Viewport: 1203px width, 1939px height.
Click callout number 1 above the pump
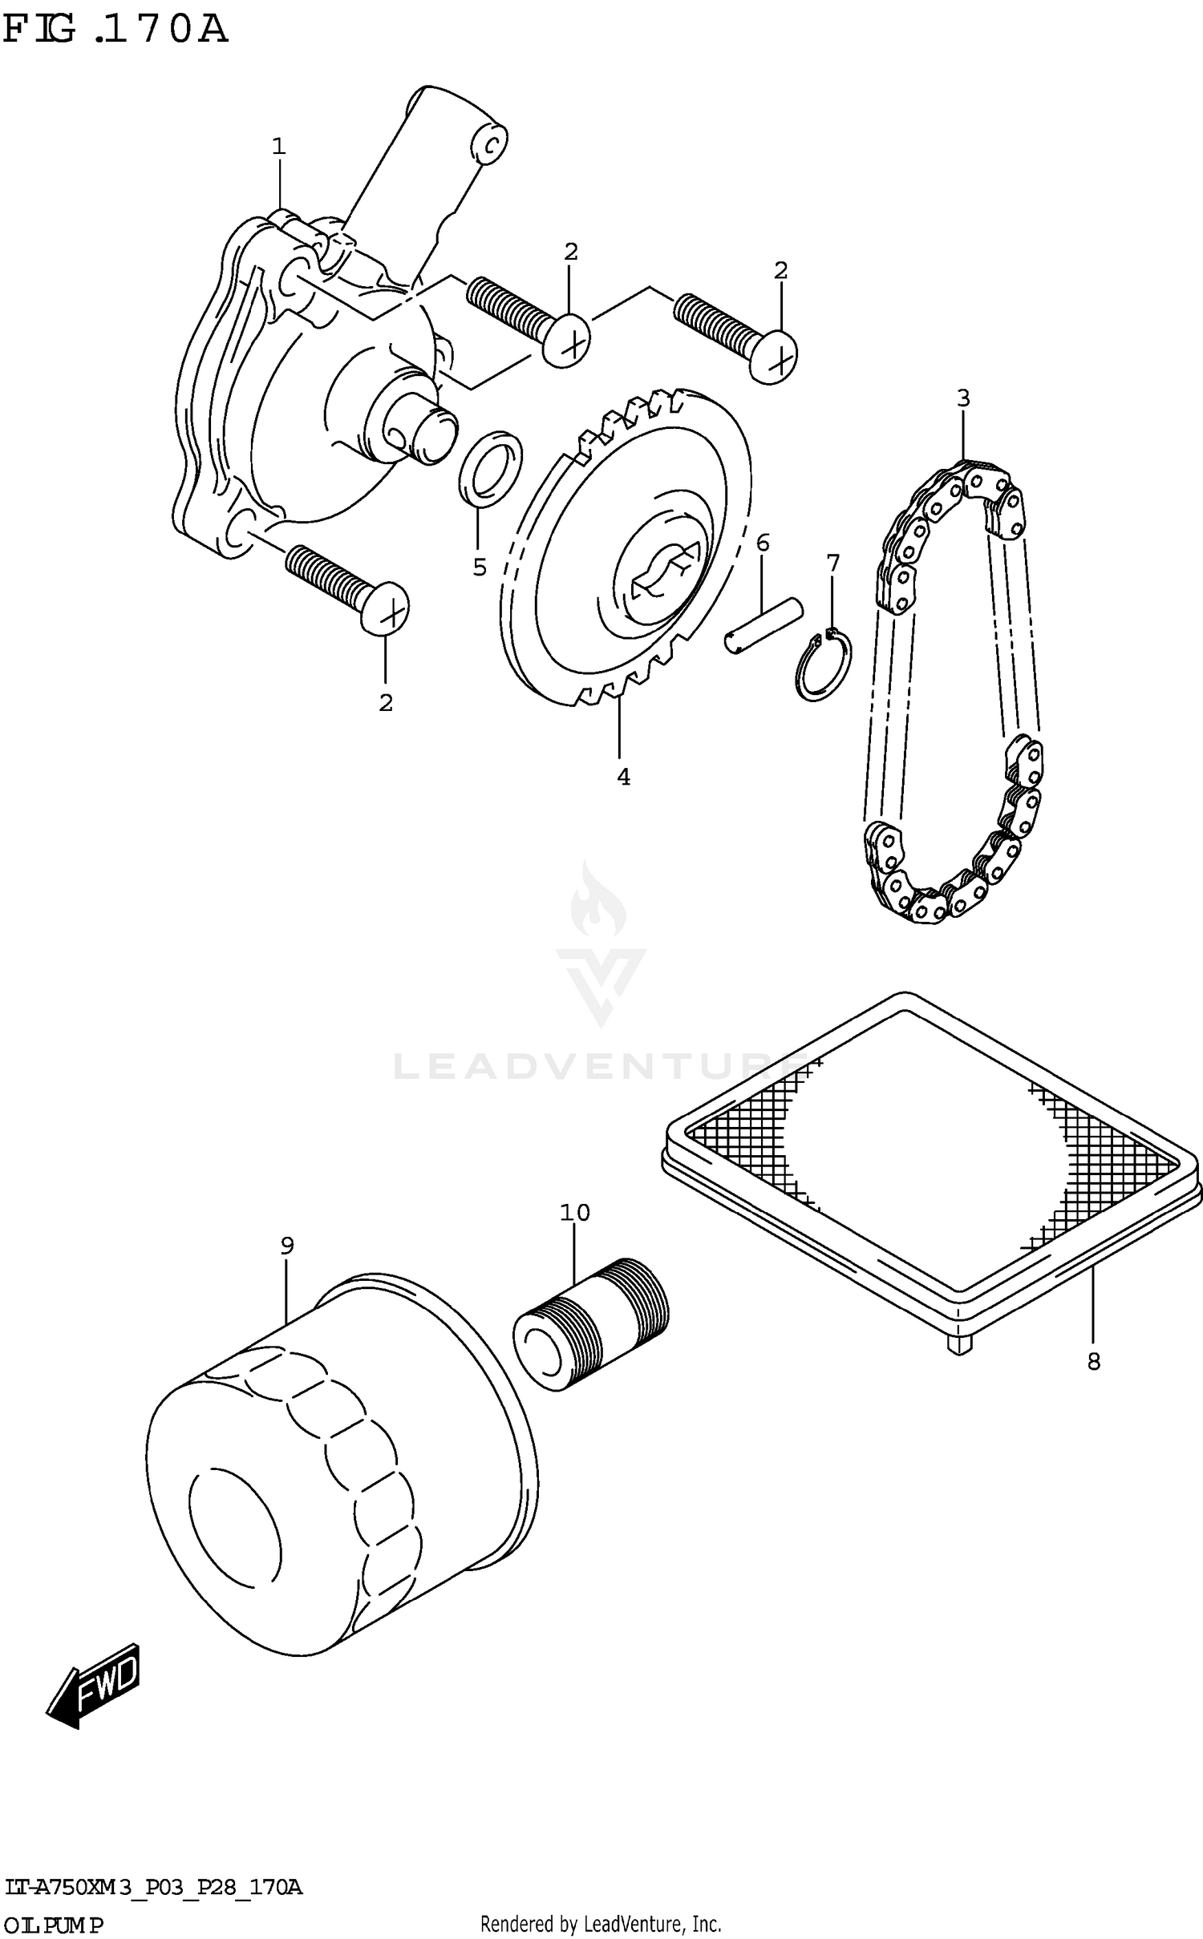278,147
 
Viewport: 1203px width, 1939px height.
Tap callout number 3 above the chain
963,398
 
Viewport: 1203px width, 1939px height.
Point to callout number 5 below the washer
480,568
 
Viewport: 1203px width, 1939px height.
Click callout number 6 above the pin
763,543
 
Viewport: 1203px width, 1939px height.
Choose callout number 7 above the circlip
833,563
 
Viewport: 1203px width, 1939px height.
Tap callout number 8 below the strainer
1094,1361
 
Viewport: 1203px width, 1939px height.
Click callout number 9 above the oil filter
287,1246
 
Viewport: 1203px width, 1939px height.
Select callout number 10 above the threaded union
575,1213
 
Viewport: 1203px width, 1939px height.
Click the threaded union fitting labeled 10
591,1323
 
